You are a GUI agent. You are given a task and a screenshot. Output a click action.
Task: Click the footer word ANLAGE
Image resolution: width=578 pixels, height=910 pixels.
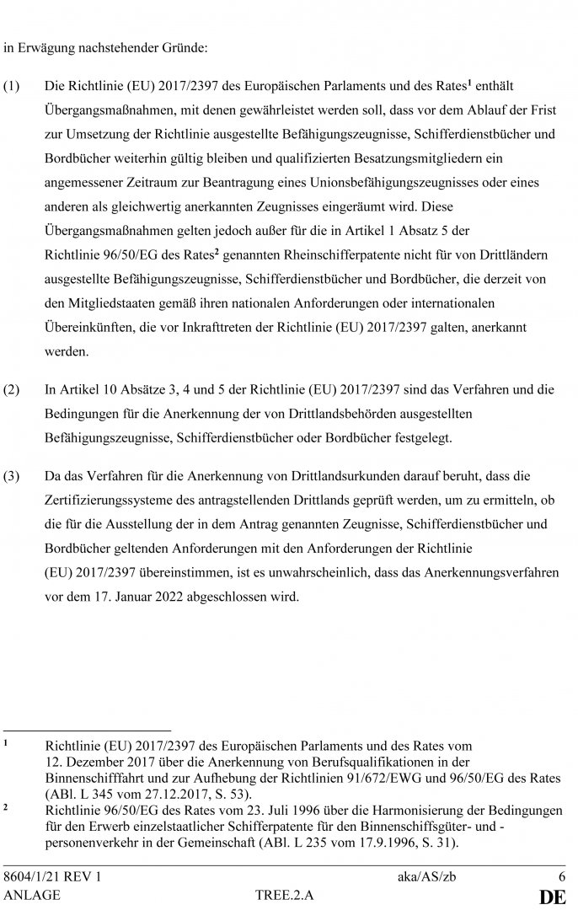(x=32, y=896)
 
